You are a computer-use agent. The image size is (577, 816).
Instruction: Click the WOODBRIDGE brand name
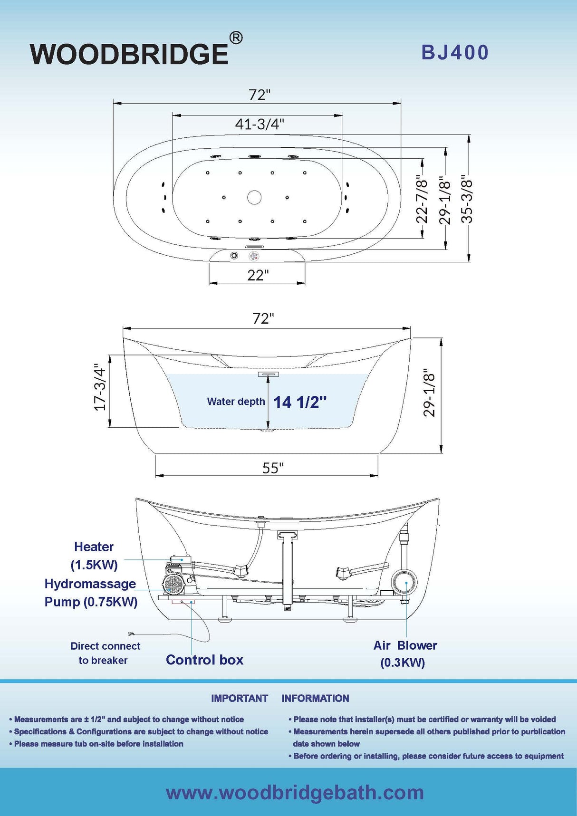tap(129, 54)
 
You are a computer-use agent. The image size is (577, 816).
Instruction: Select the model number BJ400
tap(455, 53)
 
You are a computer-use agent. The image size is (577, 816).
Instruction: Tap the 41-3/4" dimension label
tap(260, 124)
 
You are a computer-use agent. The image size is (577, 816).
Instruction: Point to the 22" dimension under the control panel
tap(258, 275)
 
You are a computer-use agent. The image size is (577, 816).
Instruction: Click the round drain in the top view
tap(254, 197)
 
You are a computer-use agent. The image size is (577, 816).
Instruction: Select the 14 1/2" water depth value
tap(300, 403)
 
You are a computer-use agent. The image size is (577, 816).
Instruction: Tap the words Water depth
tap(236, 402)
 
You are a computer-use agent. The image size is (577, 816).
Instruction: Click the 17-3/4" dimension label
tap(99, 387)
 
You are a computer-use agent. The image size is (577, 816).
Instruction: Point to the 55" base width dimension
tap(273, 468)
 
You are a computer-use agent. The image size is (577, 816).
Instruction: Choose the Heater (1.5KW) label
tap(94, 556)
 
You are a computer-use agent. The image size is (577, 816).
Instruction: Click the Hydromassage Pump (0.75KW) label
tap(91, 593)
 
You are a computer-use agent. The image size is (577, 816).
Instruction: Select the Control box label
tap(204, 660)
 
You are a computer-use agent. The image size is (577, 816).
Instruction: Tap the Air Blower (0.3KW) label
tap(404, 653)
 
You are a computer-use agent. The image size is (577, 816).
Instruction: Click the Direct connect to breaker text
tap(105, 653)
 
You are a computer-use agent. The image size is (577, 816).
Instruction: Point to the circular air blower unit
tap(404, 582)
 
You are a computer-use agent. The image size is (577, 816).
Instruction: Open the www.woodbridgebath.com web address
tap(295, 792)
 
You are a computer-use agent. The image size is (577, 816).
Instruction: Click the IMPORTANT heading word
tap(240, 698)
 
